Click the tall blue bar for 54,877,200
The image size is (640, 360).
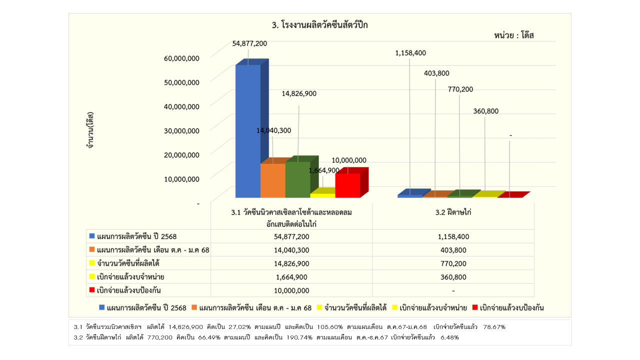(247, 131)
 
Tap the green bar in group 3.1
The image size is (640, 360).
(297, 179)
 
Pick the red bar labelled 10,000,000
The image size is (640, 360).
(347, 185)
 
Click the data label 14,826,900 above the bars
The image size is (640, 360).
(299, 93)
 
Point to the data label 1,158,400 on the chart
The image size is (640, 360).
(410, 53)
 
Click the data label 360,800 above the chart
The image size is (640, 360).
(485, 111)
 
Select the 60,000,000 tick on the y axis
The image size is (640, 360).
(181, 58)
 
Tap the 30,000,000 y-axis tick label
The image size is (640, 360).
(181, 130)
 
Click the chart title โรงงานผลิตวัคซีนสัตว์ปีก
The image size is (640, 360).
(319, 24)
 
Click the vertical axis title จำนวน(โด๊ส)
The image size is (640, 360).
(90, 130)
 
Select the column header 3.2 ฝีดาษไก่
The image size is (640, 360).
(453, 212)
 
